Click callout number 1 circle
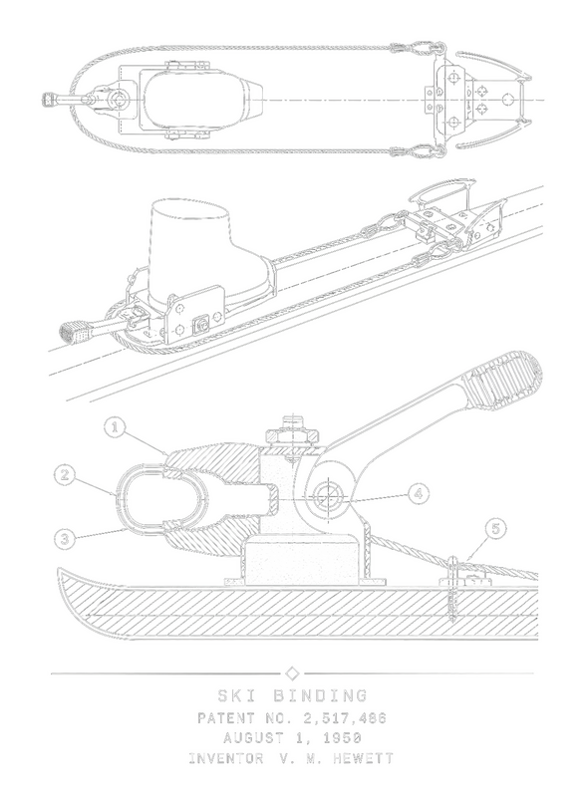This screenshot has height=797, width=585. click(x=116, y=427)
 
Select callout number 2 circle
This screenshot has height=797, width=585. click(x=65, y=475)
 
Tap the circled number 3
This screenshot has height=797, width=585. click(x=65, y=539)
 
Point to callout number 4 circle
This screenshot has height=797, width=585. click(x=419, y=493)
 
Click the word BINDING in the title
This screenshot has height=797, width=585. click(x=320, y=695)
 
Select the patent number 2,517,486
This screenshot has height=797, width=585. click(x=345, y=718)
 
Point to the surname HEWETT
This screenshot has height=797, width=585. click(x=363, y=758)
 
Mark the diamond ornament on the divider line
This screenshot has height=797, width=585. click(x=292, y=673)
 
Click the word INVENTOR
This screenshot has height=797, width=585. click(x=226, y=758)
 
